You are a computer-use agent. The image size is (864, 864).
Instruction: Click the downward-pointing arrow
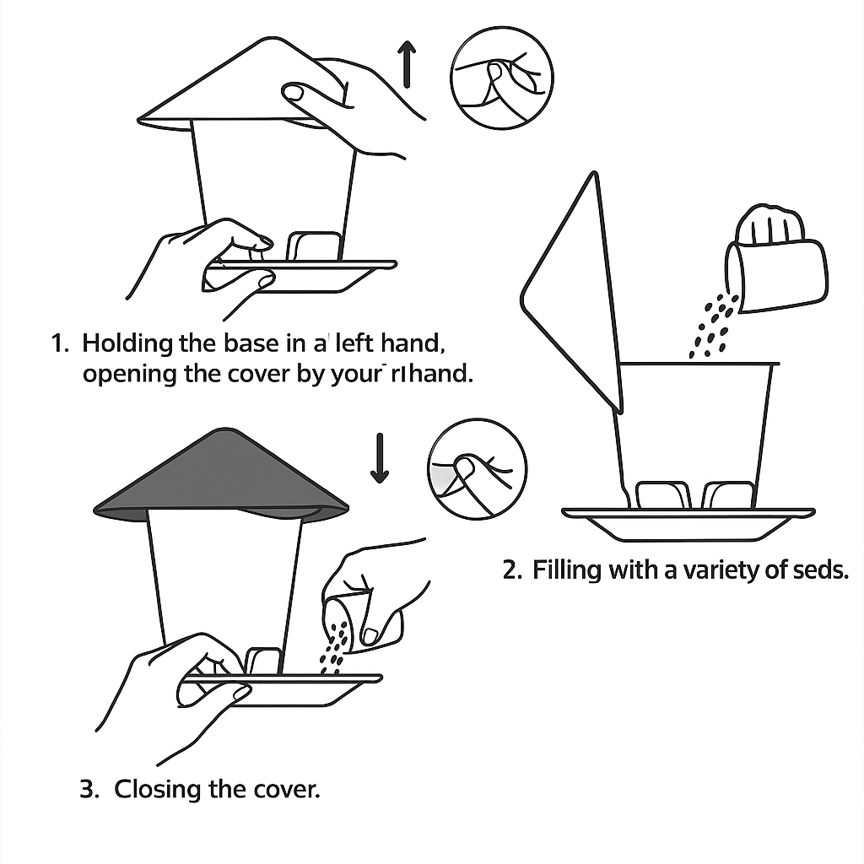click(380, 458)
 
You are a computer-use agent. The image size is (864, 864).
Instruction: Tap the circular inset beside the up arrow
click(502, 79)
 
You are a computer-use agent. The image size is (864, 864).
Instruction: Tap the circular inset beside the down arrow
click(477, 469)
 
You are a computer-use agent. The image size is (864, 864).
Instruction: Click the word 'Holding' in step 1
click(129, 343)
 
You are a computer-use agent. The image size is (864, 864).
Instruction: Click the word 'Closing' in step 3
click(158, 790)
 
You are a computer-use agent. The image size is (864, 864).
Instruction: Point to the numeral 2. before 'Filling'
click(513, 570)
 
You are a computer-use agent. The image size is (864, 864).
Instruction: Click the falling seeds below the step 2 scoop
click(713, 325)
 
